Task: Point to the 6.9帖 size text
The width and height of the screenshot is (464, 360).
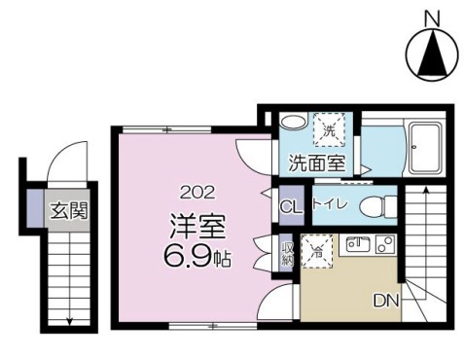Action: point(196,259)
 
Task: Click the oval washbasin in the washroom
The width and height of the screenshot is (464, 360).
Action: point(291,124)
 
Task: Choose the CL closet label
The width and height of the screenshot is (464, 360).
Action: point(290,206)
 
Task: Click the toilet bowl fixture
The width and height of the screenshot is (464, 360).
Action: point(383,205)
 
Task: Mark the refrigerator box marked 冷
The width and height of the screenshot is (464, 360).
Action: point(316,249)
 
